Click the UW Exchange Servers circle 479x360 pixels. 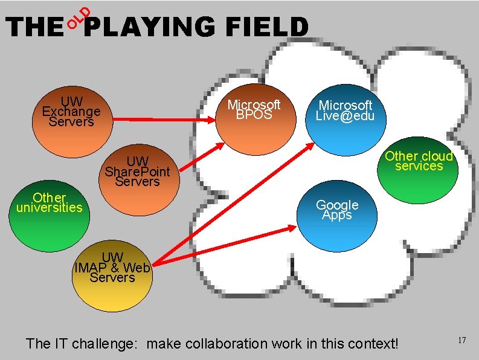point(71,124)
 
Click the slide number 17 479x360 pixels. point(461,341)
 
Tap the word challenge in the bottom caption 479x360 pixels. point(107,344)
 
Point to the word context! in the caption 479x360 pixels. point(370,344)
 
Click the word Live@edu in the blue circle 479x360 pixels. point(345,115)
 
